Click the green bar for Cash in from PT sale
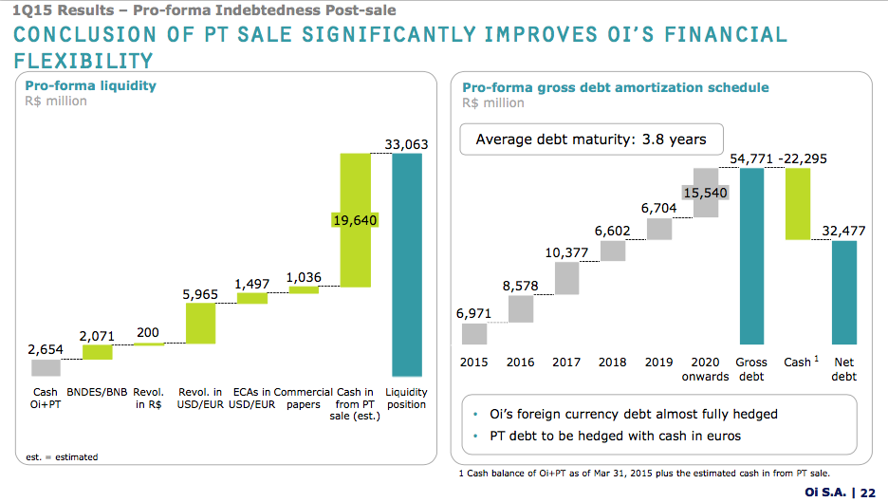pyautogui.click(x=355, y=256)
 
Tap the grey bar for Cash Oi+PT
pyautogui.click(x=45, y=368)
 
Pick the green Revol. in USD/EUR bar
pyautogui.click(x=200, y=324)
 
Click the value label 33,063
pyautogui.click(x=407, y=144)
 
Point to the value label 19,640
pyautogui.click(x=355, y=220)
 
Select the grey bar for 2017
pyautogui.click(x=566, y=278)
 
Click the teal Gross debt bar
pyautogui.click(x=751, y=256)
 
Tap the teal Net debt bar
pyautogui.click(x=844, y=292)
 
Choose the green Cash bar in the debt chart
pyautogui.click(x=798, y=204)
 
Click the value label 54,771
pyautogui.click(x=751, y=158)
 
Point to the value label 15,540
pyautogui.click(x=705, y=193)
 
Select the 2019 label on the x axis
pyautogui.click(x=658, y=363)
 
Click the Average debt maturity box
pyautogui.click(x=590, y=139)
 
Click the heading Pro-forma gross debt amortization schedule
pyautogui.click(x=616, y=87)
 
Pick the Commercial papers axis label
pyautogui.click(x=304, y=398)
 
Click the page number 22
pyautogui.click(x=867, y=491)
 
